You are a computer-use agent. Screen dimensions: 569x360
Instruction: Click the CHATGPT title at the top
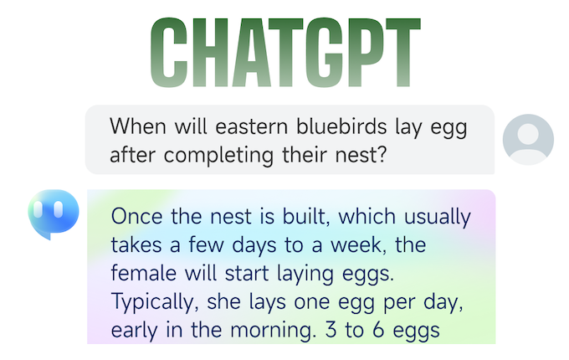coord(285,52)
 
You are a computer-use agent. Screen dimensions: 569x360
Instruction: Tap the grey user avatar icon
coord(528,140)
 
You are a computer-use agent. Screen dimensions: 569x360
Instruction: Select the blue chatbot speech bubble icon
coord(54,214)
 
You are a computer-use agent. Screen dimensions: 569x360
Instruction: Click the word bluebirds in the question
coord(341,126)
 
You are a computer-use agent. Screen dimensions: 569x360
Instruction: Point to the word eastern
coord(252,127)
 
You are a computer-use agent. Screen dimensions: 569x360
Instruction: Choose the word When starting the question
coord(138,126)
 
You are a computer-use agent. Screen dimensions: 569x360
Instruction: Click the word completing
coord(218,156)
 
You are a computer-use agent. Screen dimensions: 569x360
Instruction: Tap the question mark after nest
coord(381,155)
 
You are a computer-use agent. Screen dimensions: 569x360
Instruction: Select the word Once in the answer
coord(136,217)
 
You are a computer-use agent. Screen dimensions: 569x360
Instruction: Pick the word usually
coord(438,218)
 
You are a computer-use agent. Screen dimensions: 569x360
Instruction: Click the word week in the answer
coord(357,245)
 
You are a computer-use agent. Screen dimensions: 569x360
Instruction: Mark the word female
coord(143,273)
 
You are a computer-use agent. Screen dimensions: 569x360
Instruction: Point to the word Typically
coord(155,302)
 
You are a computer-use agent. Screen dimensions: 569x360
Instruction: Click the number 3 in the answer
coord(331,330)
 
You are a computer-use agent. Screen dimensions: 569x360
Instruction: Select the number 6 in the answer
coord(378,330)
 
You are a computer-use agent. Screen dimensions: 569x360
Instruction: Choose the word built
coord(306,217)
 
